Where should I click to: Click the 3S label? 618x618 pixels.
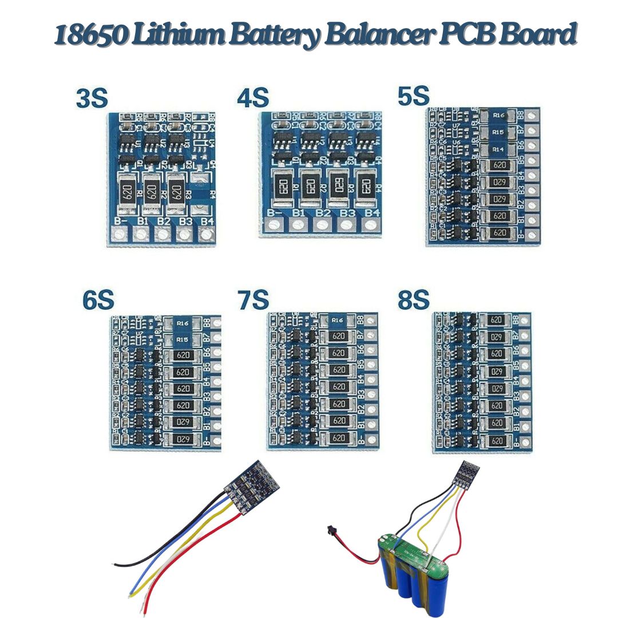(x=92, y=98)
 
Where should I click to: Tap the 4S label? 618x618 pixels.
(x=252, y=98)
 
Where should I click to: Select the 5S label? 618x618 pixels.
(x=413, y=96)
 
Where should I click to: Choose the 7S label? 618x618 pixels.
(x=253, y=301)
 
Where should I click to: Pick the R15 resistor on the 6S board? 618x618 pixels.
(x=183, y=340)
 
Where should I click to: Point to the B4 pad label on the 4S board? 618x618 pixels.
(x=373, y=214)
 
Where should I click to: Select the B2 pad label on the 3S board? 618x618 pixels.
(x=163, y=220)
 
